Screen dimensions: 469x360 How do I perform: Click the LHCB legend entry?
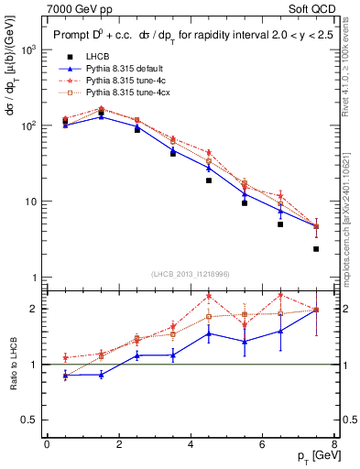tap(98, 58)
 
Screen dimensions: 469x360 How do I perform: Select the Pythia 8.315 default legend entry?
tap(122, 69)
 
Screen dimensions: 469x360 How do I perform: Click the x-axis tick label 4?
tap(191, 444)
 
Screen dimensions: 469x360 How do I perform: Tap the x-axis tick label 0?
tap(47, 444)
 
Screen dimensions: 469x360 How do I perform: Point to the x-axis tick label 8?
tap(334, 444)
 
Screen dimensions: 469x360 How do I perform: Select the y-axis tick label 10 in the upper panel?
tap(31, 202)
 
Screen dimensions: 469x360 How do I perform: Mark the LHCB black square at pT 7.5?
tap(316, 249)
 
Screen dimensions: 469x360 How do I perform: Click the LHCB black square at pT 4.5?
tap(209, 180)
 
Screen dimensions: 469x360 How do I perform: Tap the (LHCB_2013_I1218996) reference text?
tap(190, 274)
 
